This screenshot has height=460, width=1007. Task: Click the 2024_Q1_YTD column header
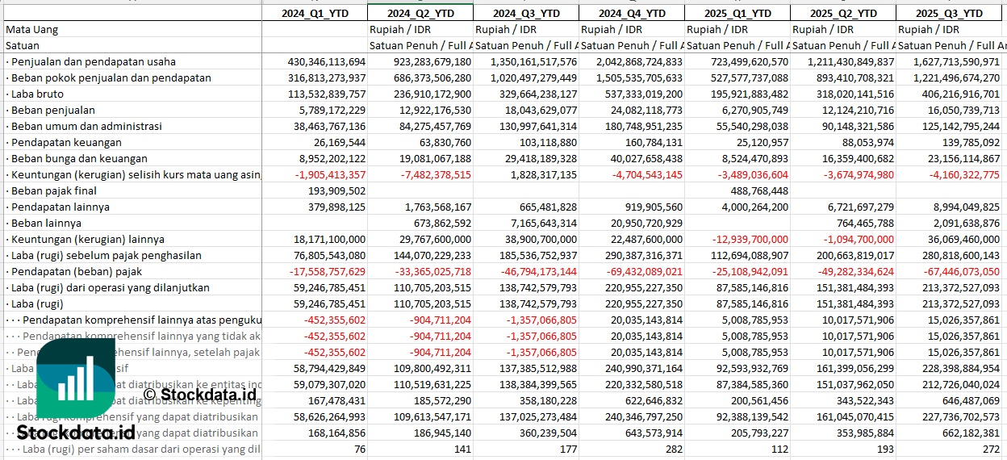tap(315, 13)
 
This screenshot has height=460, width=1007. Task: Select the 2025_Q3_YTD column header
tap(950, 13)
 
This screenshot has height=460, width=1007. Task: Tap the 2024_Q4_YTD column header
tap(632, 13)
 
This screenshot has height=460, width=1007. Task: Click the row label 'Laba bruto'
tap(39, 94)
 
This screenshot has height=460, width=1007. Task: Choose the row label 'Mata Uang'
tap(31, 29)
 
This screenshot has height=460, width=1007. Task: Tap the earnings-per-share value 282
tap(673, 449)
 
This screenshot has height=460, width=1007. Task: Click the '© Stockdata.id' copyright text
tap(200, 394)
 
